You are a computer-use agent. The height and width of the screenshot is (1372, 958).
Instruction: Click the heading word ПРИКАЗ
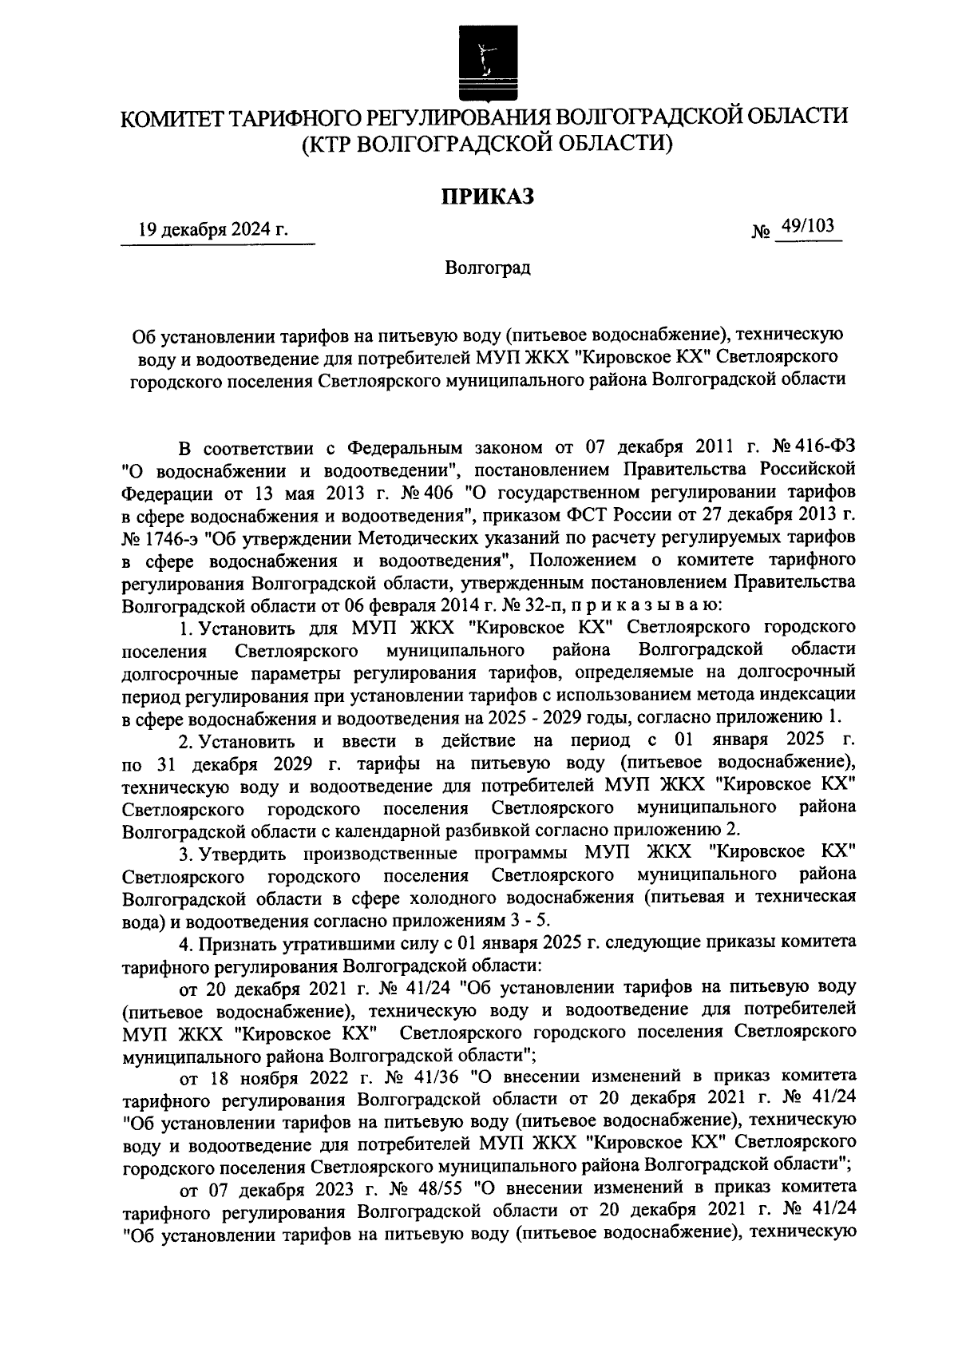point(488,196)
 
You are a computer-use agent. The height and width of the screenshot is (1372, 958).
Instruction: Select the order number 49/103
point(808,228)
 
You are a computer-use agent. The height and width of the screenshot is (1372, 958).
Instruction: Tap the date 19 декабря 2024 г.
point(212,231)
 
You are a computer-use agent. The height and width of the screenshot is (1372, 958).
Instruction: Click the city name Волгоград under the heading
point(488,268)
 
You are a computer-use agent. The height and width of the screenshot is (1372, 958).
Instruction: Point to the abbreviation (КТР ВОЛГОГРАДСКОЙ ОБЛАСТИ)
point(487,145)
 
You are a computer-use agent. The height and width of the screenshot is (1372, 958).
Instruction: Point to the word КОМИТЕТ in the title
point(169,117)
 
